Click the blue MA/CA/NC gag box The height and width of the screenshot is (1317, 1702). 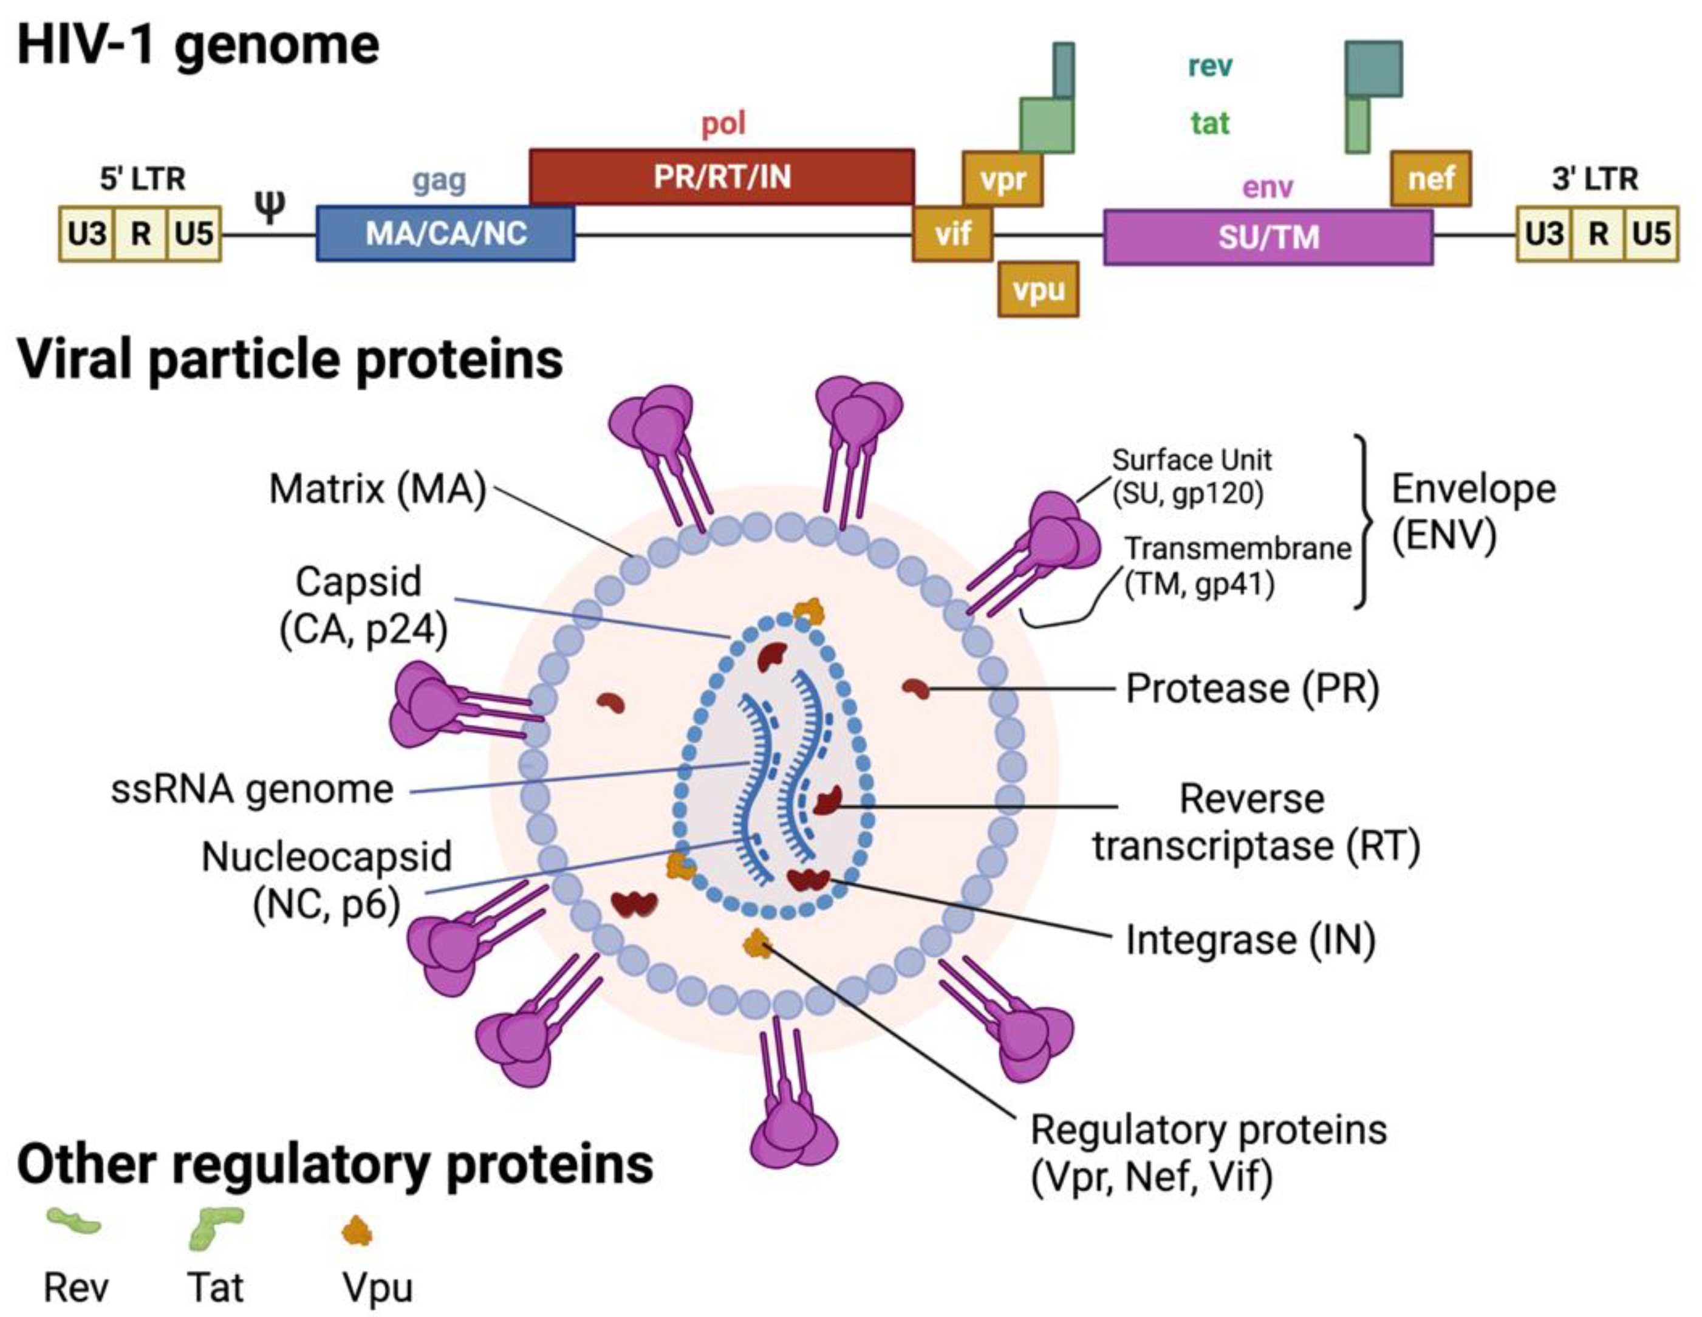point(445,233)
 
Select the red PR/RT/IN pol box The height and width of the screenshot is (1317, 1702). point(722,177)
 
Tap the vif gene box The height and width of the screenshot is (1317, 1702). point(952,233)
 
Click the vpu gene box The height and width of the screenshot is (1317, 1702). point(1038,289)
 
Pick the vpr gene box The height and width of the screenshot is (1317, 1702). point(1002,180)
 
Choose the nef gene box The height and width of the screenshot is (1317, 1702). point(1431,179)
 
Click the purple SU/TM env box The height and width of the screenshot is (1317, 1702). point(1268,237)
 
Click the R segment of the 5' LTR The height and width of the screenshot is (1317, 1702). point(140,233)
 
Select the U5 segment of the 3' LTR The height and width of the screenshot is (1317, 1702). point(1650,233)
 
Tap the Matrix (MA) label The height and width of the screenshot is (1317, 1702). point(377,490)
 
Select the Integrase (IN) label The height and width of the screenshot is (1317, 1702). point(1250,940)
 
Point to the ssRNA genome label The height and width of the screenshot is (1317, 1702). point(251,790)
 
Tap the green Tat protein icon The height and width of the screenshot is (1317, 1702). point(216,1226)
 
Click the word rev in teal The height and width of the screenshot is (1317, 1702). point(1209,66)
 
